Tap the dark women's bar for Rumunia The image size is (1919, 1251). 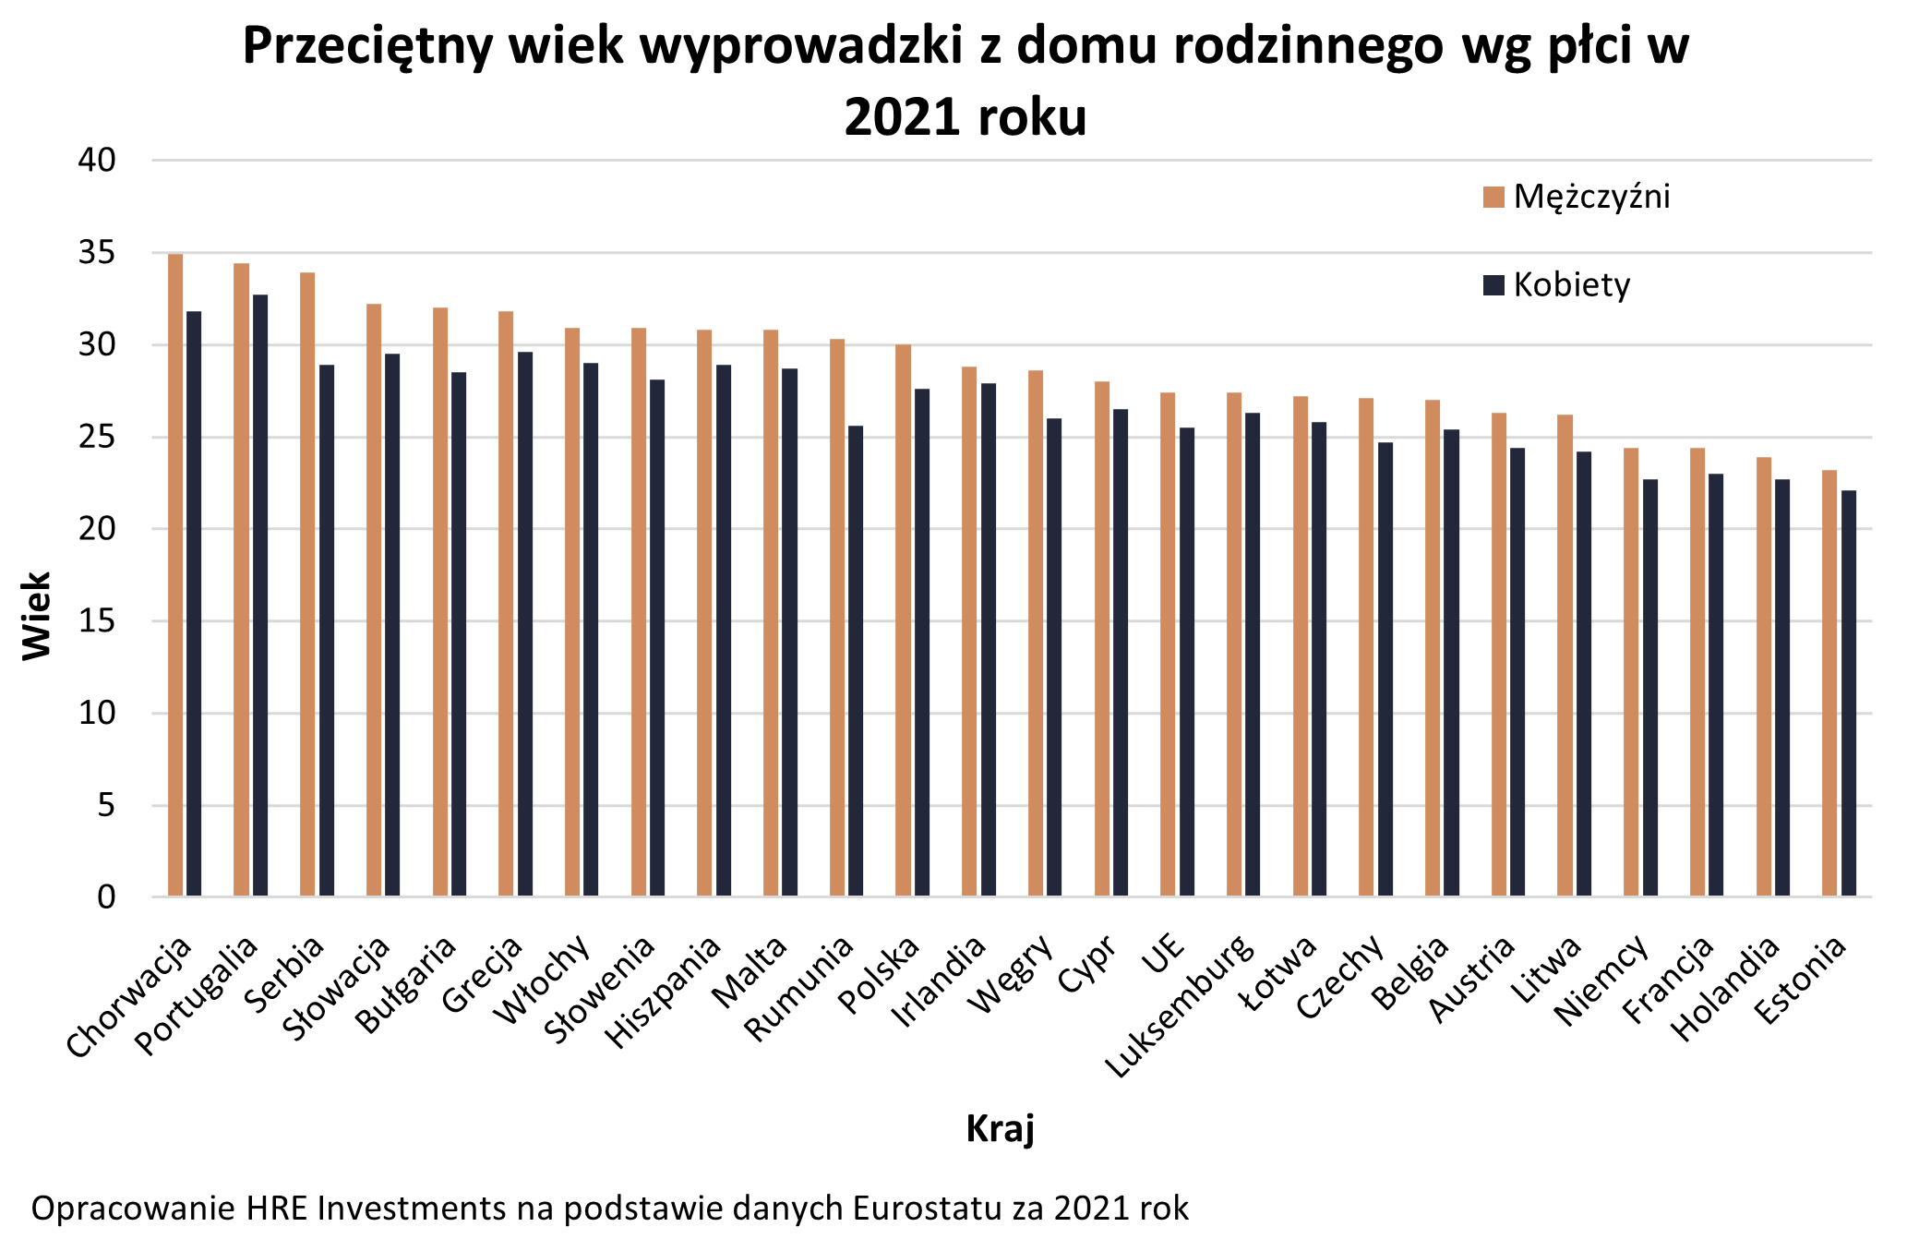856,660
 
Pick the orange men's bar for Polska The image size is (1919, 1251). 903,619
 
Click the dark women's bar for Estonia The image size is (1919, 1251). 1848,692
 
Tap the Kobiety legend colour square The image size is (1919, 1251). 1493,284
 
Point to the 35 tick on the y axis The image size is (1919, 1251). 97,252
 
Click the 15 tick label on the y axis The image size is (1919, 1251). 97,620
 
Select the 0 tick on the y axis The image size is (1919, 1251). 106,896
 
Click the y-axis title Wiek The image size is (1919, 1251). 37,616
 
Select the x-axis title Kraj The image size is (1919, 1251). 1000,1128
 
